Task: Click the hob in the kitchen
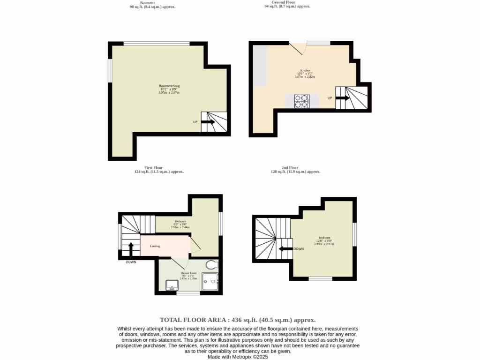click(302, 101)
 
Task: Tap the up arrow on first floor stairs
click(131, 248)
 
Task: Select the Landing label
click(155, 246)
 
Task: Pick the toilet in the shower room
click(212, 265)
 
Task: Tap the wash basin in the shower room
click(172, 285)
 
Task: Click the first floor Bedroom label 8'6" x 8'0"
click(180, 224)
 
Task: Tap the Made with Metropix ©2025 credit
click(238, 357)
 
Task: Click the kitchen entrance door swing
click(297, 48)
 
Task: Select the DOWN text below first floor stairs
click(131, 262)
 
